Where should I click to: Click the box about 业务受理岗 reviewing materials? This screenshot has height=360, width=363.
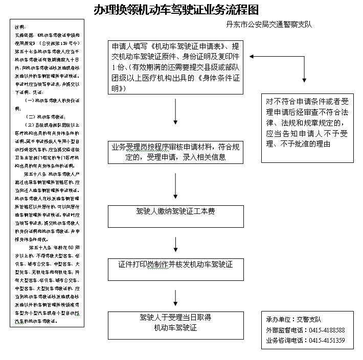point(175,153)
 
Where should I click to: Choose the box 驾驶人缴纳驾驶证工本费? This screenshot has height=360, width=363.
point(175,211)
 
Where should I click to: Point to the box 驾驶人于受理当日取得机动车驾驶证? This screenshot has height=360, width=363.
point(175,323)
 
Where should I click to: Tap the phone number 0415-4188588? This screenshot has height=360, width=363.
point(326,330)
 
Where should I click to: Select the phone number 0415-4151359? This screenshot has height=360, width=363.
point(326,341)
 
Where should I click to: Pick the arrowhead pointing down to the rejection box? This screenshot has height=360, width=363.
point(305,79)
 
